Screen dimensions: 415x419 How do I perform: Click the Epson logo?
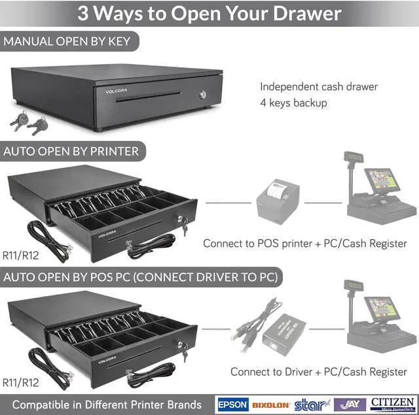pos(232,404)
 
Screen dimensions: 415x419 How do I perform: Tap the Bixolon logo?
pos(270,405)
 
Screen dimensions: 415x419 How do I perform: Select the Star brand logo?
pos(310,405)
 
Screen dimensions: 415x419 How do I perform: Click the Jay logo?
pos(350,404)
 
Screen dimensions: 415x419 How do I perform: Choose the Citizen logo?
pos(392,403)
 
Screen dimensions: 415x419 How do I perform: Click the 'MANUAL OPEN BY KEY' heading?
pos(67,42)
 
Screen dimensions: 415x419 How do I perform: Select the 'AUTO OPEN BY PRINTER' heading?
pos(71,152)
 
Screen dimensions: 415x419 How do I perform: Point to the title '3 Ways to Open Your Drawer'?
pos(209,13)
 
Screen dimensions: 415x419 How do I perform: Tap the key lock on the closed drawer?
pos(202,95)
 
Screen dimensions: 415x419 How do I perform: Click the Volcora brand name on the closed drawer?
pos(117,91)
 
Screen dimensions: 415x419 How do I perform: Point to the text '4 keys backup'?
pos(293,103)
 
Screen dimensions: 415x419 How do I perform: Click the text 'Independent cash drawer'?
pos(318,86)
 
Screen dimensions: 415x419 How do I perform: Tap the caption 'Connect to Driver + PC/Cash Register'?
pos(318,372)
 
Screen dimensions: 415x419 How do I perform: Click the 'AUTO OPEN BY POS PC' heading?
pos(141,277)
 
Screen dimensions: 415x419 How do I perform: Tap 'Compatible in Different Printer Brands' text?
pos(107,404)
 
